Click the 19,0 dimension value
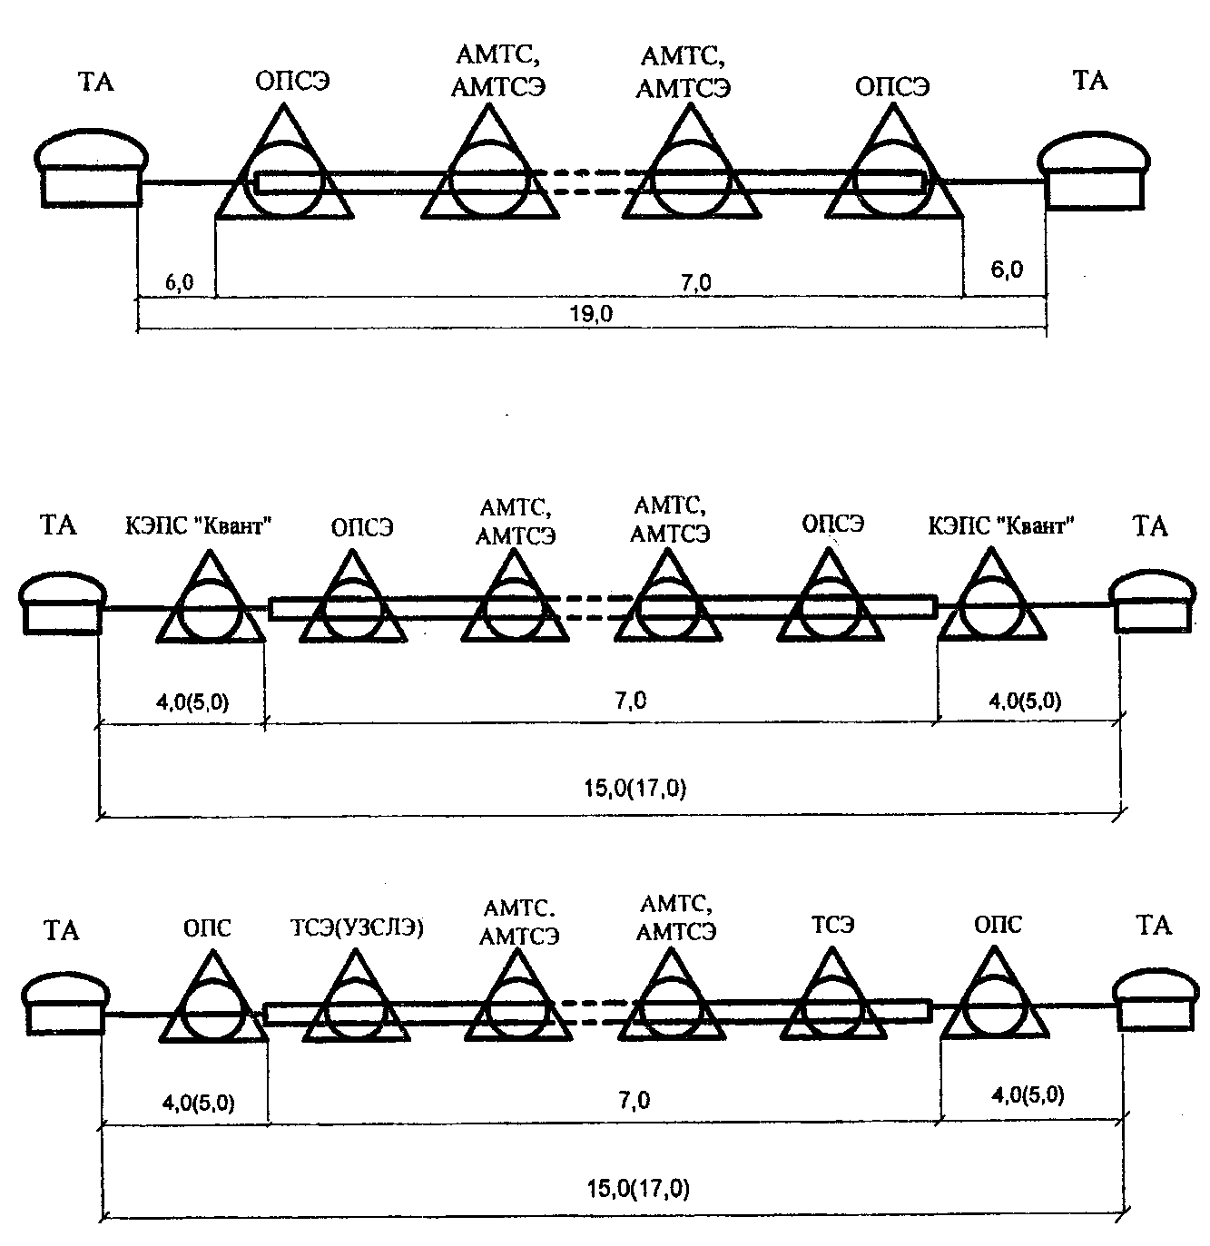click(591, 314)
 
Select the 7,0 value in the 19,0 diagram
click(695, 282)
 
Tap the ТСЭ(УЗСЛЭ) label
click(357, 927)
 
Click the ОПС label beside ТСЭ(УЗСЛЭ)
click(207, 928)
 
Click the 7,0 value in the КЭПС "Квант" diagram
click(631, 701)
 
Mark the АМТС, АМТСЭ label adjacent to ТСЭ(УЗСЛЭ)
click(519, 922)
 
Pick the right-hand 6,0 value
click(1007, 270)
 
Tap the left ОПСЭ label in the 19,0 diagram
click(292, 82)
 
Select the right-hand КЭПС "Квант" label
click(1000, 525)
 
